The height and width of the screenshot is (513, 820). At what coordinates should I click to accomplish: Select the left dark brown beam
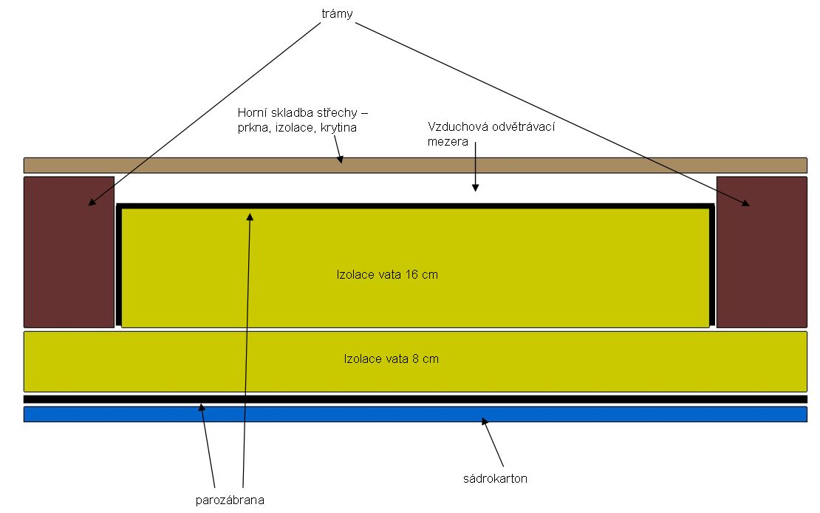(x=69, y=251)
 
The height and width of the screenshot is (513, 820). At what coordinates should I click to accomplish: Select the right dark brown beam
(x=762, y=251)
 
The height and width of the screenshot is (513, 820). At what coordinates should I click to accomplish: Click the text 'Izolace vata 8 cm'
(x=392, y=359)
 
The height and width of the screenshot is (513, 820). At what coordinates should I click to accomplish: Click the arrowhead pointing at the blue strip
(x=485, y=422)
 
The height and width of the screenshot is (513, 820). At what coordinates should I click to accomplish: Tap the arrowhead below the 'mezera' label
(x=475, y=188)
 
